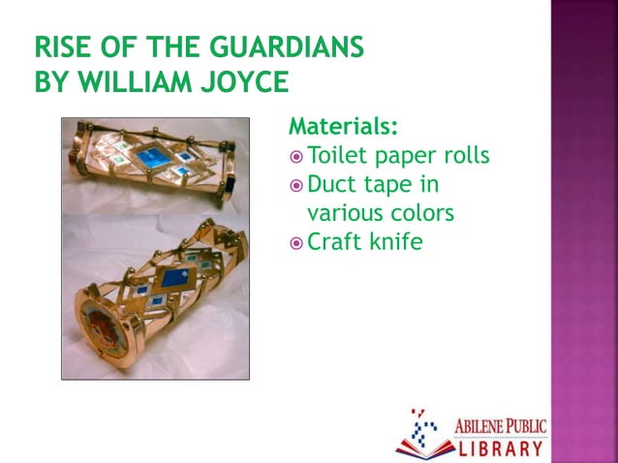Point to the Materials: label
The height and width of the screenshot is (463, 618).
click(345, 127)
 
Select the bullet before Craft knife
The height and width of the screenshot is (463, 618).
click(296, 242)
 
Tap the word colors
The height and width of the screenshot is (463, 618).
click(420, 212)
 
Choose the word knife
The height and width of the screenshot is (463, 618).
click(396, 240)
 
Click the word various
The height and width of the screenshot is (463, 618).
click(344, 212)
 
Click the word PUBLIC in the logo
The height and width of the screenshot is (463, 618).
click(529, 425)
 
